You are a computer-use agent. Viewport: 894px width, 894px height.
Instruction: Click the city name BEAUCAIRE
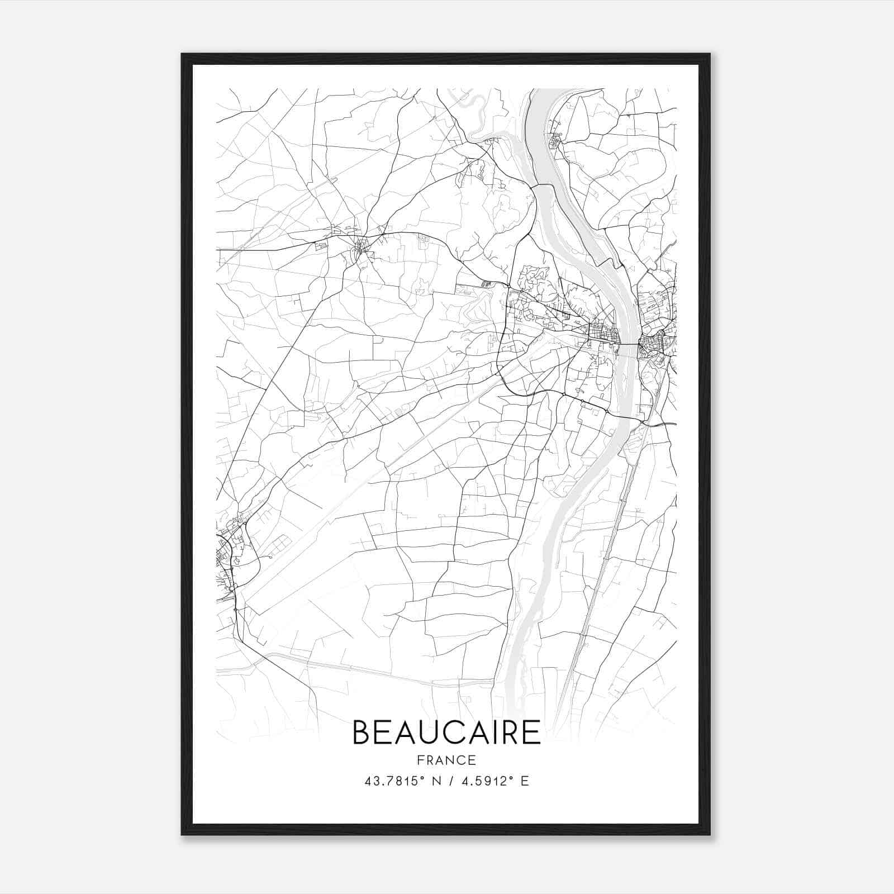coord(446,733)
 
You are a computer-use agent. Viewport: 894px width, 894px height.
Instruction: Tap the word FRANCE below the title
coord(446,760)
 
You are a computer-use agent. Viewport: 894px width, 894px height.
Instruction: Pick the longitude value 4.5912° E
coord(494,781)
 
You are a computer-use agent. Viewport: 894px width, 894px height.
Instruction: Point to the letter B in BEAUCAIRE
coord(362,733)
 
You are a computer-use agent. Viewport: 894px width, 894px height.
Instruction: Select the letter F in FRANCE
coord(420,760)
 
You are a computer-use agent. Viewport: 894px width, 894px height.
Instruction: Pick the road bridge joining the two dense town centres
coord(629,344)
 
